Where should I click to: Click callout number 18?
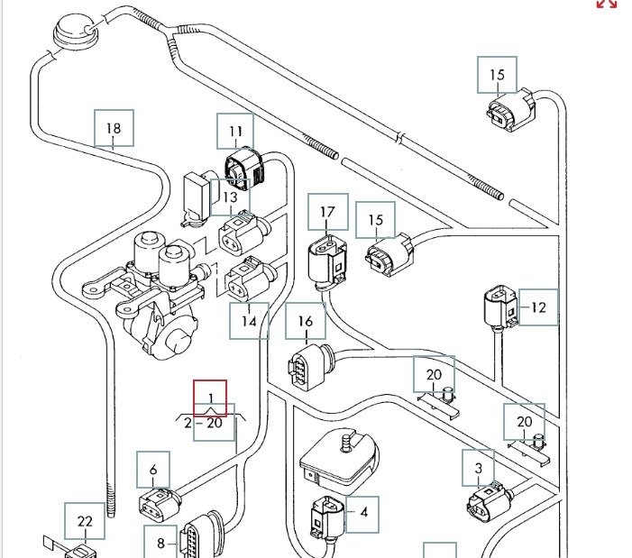coord(114,128)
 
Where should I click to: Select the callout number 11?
coord(235,132)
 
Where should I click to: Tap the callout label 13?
coord(230,197)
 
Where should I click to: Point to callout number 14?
coord(249,320)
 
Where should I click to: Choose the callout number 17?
coord(327,213)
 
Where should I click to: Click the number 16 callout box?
coord(306,322)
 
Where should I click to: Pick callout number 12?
coord(538,307)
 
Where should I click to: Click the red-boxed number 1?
coord(211,398)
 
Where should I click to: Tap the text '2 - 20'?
coord(203,422)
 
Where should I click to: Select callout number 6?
coord(153,470)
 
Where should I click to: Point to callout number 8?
coord(161,543)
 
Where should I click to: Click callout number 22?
coord(85,521)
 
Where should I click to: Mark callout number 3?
coord(479,468)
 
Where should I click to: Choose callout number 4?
coord(363,512)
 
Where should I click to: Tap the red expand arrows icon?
coord(607,4)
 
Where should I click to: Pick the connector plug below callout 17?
coord(325,259)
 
